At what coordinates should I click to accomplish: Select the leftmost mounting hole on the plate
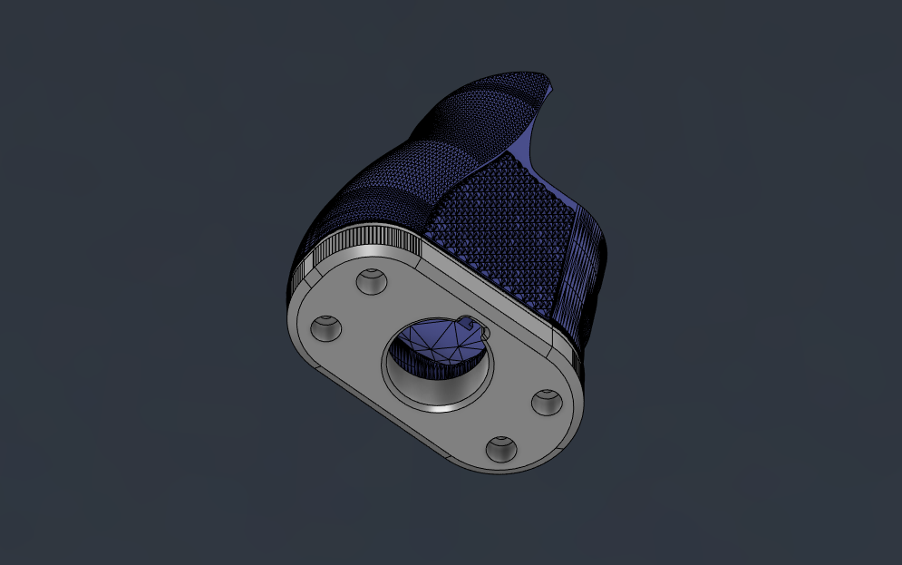pyautogui.click(x=326, y=328)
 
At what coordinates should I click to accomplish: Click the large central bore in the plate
pyautogui.click(x=440, y=363)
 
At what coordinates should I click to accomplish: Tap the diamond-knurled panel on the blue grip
pyautogui.click(x=508, y=227)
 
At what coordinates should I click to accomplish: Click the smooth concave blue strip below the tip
pyautogui.click(x=535, y=145)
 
